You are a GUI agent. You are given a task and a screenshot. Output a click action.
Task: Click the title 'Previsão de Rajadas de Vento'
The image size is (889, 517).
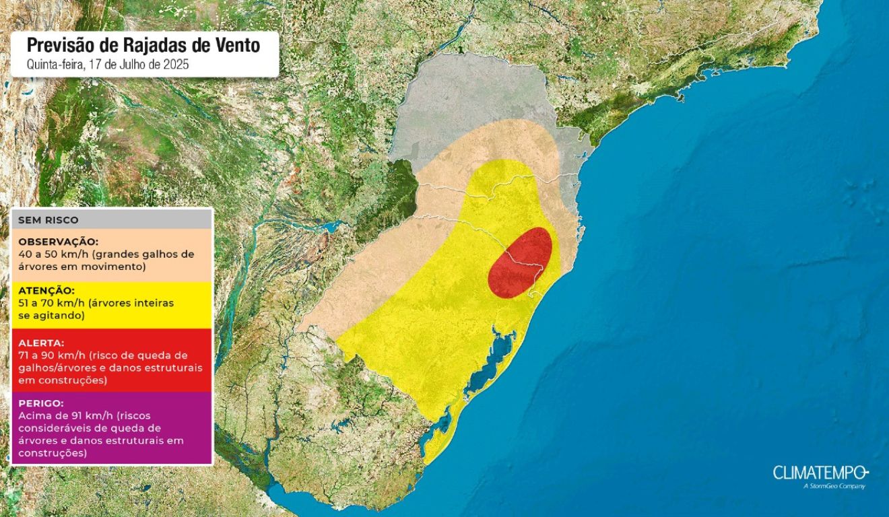pos(143,46)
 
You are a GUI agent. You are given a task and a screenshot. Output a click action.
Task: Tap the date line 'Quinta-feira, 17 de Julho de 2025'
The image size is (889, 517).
pos(107,65)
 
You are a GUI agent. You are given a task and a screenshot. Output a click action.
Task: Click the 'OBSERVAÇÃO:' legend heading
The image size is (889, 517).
pos(59,241)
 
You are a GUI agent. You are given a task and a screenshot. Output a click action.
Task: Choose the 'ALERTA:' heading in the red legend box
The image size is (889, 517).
pos(42,342)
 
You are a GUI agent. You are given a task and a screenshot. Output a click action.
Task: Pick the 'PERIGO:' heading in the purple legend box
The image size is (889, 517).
pos(42,403)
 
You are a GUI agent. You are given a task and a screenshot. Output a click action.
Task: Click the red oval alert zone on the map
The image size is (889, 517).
pos(520,263)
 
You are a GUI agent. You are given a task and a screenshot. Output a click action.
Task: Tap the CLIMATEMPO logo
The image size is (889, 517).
pos(820,473)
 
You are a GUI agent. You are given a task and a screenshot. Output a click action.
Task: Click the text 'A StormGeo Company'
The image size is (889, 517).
pos(834,486)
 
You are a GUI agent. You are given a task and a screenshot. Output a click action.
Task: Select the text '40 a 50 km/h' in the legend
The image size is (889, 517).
pos(48,254)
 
